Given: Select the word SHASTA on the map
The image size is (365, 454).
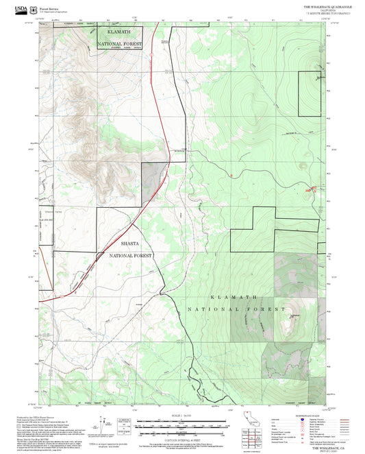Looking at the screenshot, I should pos(129,243).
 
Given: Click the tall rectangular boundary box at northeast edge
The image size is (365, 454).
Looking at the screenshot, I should pos(308,93).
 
